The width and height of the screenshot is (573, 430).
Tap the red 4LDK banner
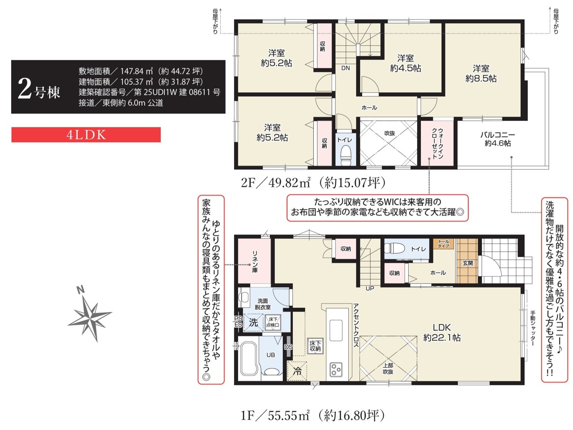pyautogui.click(x=86, y=135)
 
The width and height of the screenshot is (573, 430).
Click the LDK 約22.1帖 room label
pyautogui.click(x=442, y=332)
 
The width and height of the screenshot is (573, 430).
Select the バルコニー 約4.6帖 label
pyautogui.click(x=497, y=139)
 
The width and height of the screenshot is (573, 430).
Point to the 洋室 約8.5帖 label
pyautogui.click(x=481, y=73)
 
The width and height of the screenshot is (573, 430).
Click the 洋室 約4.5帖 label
pyautogui.click(x=406, y=63)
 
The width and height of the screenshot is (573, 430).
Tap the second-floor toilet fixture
pyautogui.click(x=346, y=155)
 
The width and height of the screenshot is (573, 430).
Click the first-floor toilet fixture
pyautogui.click(x=394, y=248)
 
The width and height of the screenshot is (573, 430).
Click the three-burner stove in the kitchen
pyautogui.click(x=336, y=369)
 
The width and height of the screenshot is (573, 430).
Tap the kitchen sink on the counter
pyautogui.click(x=336, y=330)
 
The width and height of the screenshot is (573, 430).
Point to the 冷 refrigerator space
pyautogui.click(x=297, y=371)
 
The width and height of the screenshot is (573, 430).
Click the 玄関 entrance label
pyautogui.click(x=467, y=263)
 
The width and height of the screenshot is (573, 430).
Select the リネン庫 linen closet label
pyautogui.click(x=255, y=262)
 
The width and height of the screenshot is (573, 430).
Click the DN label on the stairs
pyautogui.click(x=345, y=68)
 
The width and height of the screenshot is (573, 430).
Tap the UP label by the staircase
pyautogui.click(x=370, y=288)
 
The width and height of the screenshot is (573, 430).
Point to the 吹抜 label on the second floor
pyautogui.click(x=389, y=133)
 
